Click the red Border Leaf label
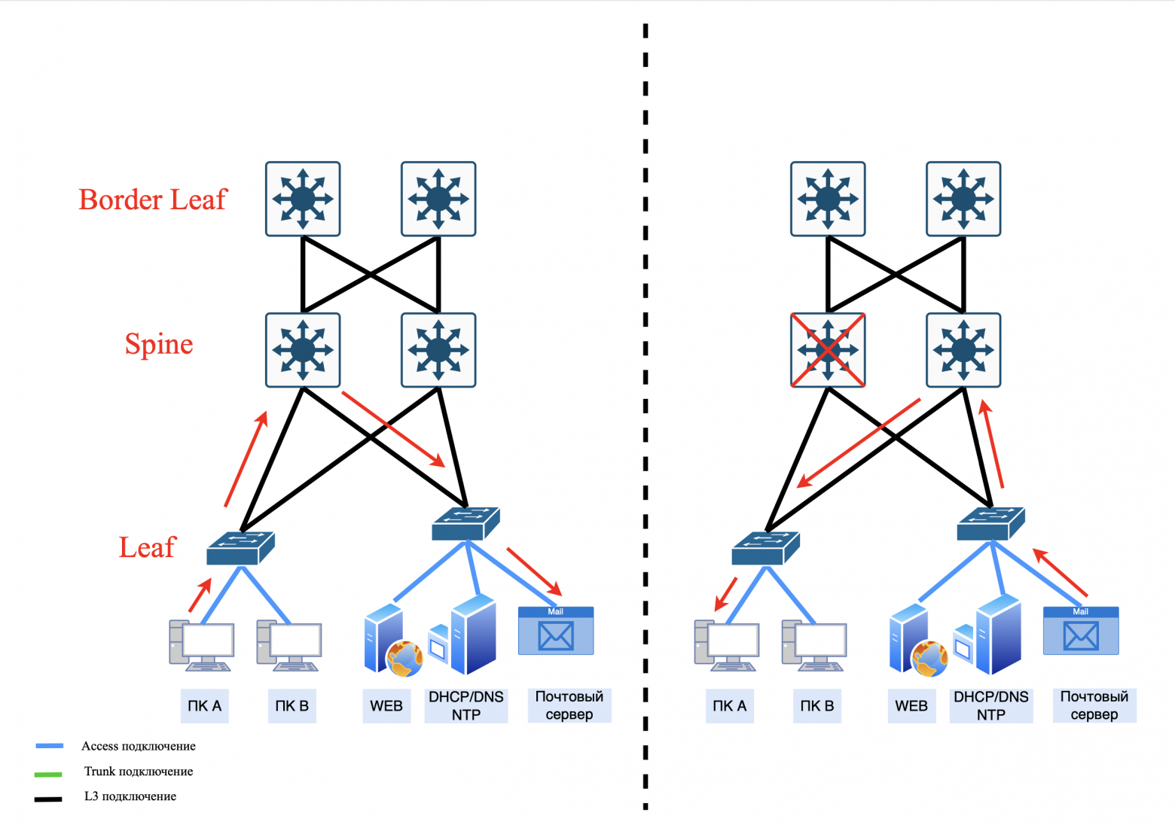coord(152,199)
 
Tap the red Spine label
coord(159,344)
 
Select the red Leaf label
coord(147,547)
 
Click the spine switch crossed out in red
coord(828,350)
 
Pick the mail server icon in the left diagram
coord(556,631)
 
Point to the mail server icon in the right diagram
coord(1081,631)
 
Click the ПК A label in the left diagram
coord(204,706)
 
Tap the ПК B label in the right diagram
coord(817,706)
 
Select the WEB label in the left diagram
coord(386,706)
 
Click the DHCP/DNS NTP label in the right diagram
coord(991,706)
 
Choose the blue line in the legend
coord(50,746)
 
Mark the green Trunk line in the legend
coord(48,773)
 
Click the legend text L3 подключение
coord(130,796)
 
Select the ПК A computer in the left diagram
coord(201,645)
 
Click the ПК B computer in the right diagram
coord(814,645)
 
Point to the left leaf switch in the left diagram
coord(240,548)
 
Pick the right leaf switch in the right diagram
coord(990,524)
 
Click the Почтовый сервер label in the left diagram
coord(569,706)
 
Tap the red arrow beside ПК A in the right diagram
coord(725,594)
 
